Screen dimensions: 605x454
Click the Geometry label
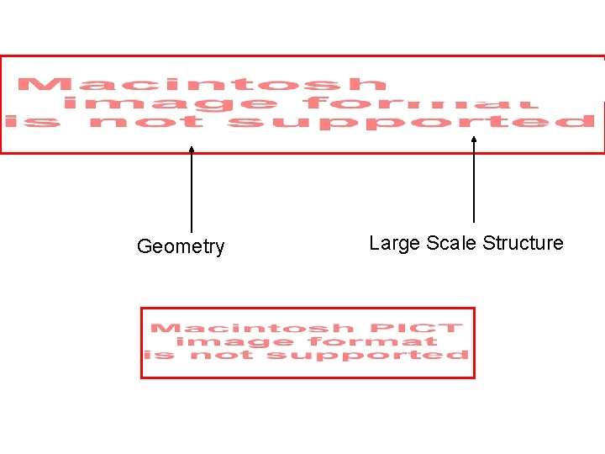[x=181, y=246]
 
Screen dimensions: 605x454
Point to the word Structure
[x=523, y=243]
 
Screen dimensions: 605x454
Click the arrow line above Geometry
[x=192, y=193]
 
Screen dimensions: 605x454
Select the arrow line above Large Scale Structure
[x=474, y=185]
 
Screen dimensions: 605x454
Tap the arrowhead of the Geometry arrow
[x=192, y=150]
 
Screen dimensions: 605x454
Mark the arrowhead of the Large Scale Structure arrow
[x=474, y=140]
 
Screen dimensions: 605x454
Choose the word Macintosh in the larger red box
[x=202, y=84]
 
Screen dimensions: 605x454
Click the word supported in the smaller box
[x=367, y=355]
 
